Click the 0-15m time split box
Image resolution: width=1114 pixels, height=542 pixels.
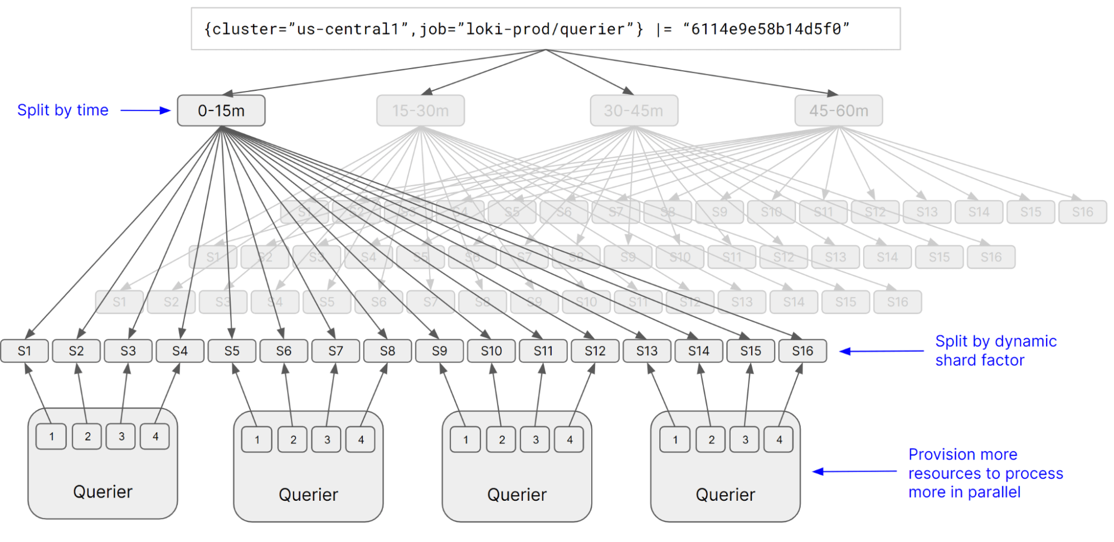221,110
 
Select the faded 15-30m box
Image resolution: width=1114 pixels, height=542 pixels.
420,110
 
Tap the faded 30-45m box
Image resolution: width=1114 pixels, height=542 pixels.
634,110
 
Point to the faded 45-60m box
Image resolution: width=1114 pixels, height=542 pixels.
838,110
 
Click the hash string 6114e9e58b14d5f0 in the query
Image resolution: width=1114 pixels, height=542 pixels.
766,29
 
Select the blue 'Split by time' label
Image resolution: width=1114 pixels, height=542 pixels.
63,110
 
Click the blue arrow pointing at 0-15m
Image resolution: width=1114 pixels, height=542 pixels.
145,110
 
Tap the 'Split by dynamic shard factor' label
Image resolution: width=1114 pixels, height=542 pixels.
995,350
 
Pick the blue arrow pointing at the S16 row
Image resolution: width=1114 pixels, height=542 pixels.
881,351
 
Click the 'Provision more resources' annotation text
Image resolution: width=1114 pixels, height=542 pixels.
985,473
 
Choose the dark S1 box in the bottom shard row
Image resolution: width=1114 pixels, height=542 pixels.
25,351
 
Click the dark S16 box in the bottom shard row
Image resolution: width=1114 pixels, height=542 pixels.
802,351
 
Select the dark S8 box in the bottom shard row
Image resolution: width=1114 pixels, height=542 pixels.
387,351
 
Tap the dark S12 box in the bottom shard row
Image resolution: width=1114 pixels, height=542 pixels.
595,351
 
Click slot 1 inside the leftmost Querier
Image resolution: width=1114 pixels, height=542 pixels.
51,436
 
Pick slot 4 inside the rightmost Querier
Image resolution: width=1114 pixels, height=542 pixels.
779,439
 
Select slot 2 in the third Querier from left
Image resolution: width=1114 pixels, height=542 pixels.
502,439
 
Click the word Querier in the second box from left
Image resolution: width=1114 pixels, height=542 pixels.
308,495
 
